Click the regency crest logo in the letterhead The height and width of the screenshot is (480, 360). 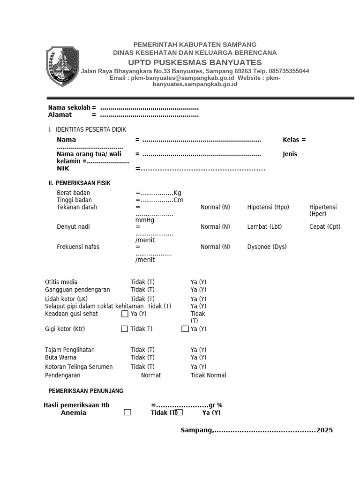click(62, 67)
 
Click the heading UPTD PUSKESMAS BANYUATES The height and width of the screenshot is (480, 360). click(195, 63)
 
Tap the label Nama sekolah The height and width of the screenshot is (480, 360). click(69, 108)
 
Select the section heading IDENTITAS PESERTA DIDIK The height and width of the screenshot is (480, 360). click(90, 130)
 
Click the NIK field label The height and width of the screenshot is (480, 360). click(63, 168)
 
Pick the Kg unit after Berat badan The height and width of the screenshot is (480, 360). click(177, 193)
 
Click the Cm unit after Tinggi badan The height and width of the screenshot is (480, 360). click(178, 200)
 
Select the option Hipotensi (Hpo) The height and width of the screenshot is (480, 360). click(268, 207)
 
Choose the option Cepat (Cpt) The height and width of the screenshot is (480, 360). click(325, 227)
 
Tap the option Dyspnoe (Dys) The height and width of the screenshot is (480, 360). click(267, 247)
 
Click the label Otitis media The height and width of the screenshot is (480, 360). click(61, 282)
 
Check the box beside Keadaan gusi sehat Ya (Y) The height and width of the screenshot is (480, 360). click(125, 314)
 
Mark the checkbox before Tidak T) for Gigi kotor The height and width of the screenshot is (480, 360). click(124, 329)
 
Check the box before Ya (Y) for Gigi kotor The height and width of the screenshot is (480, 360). click(185, 329)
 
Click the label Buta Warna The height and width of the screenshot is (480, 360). click(60, 358)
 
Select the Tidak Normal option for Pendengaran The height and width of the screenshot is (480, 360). click(208, 375)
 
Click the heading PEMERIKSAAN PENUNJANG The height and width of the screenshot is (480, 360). click(86, 391)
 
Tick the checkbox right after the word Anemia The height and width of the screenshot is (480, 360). click(127, 412)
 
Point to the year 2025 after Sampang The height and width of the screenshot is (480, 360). click(324, 430)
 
